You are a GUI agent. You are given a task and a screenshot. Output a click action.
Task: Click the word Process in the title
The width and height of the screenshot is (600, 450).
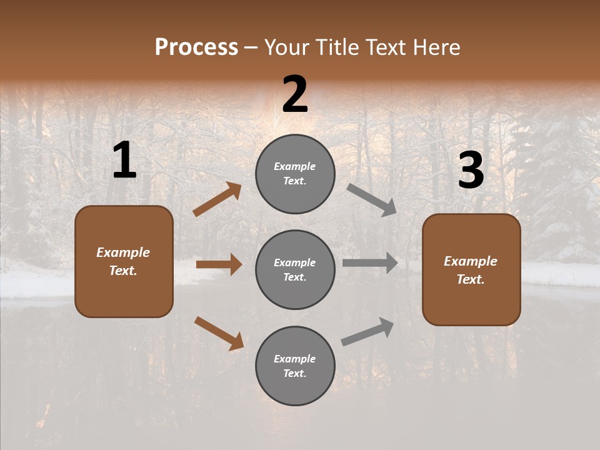196,47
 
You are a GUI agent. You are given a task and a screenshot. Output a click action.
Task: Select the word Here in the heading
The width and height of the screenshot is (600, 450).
435,47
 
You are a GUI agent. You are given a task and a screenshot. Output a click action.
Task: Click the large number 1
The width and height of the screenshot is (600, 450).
124,161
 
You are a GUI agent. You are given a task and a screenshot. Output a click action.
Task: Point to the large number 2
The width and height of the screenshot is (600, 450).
295,94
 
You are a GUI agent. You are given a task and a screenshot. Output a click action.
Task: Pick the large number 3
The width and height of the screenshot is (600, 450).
471,171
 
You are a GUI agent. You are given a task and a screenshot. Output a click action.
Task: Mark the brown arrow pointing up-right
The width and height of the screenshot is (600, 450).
217,199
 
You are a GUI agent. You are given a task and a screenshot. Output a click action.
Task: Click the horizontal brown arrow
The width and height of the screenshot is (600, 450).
219,264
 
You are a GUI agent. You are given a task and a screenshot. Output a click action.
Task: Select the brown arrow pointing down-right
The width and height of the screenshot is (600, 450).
219,333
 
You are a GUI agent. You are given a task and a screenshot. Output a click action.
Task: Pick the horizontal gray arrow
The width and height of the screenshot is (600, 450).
370,263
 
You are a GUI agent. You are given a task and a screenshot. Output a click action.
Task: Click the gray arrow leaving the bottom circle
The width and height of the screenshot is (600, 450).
367,332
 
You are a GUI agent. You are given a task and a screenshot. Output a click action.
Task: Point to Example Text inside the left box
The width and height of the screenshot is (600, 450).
124,261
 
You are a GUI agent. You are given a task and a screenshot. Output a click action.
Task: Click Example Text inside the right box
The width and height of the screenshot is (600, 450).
471,270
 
